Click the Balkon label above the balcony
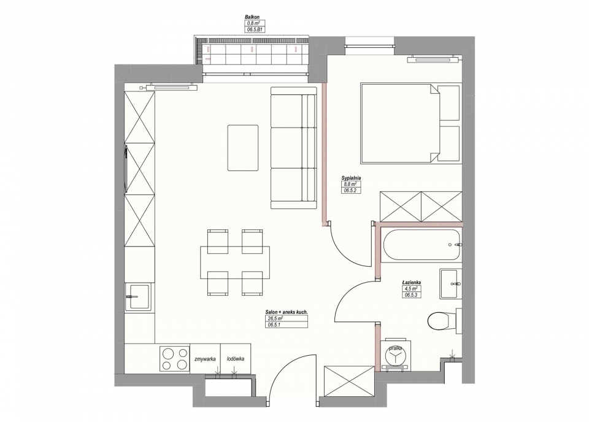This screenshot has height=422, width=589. coord(252,17)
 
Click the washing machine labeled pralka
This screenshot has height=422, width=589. coord(396,355)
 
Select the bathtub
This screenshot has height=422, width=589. coord(421,245)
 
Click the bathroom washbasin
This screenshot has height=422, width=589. coord(450,284)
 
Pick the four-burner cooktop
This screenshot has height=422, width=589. coord(175,359)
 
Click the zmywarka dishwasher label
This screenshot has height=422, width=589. coord(205,359)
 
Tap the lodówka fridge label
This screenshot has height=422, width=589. coord(236,359)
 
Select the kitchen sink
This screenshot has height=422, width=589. coord(139,297)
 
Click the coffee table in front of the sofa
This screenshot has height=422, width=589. coord(243,148)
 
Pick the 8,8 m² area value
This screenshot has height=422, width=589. coord(348,185)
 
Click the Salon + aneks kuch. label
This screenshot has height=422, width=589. coord(287,312)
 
